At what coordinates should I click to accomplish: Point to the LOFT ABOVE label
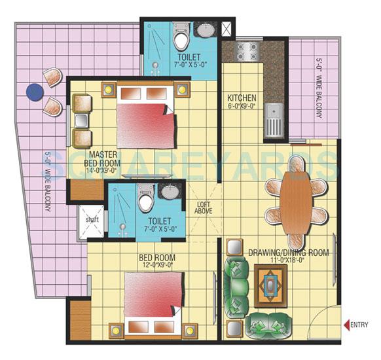point(205,207)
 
